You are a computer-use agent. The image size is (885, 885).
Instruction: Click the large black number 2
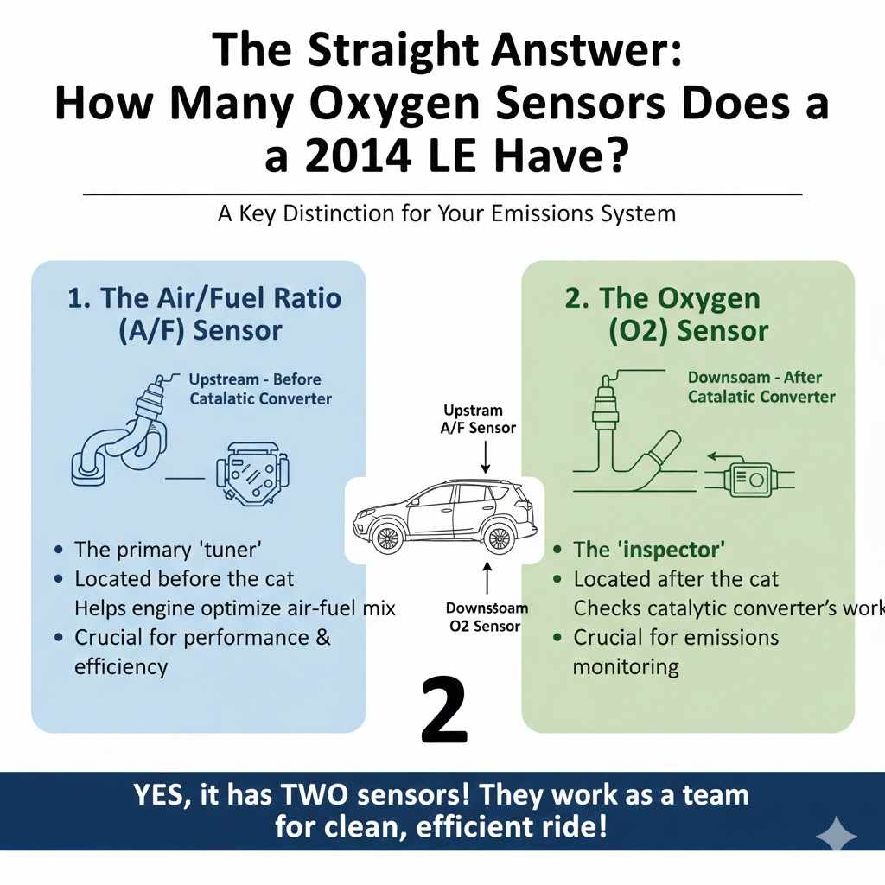point(444,711)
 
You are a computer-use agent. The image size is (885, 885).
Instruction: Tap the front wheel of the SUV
point(388,537)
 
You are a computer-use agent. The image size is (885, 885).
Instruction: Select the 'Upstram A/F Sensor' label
point(479,418)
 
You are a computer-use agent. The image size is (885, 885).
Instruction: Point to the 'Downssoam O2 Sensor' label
point(486,617)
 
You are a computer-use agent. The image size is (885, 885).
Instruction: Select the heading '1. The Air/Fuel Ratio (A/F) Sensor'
point(204,314)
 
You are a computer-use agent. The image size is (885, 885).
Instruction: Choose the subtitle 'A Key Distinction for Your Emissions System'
point(446,213)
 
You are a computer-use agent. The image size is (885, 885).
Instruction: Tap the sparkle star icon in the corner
point(836,836)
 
